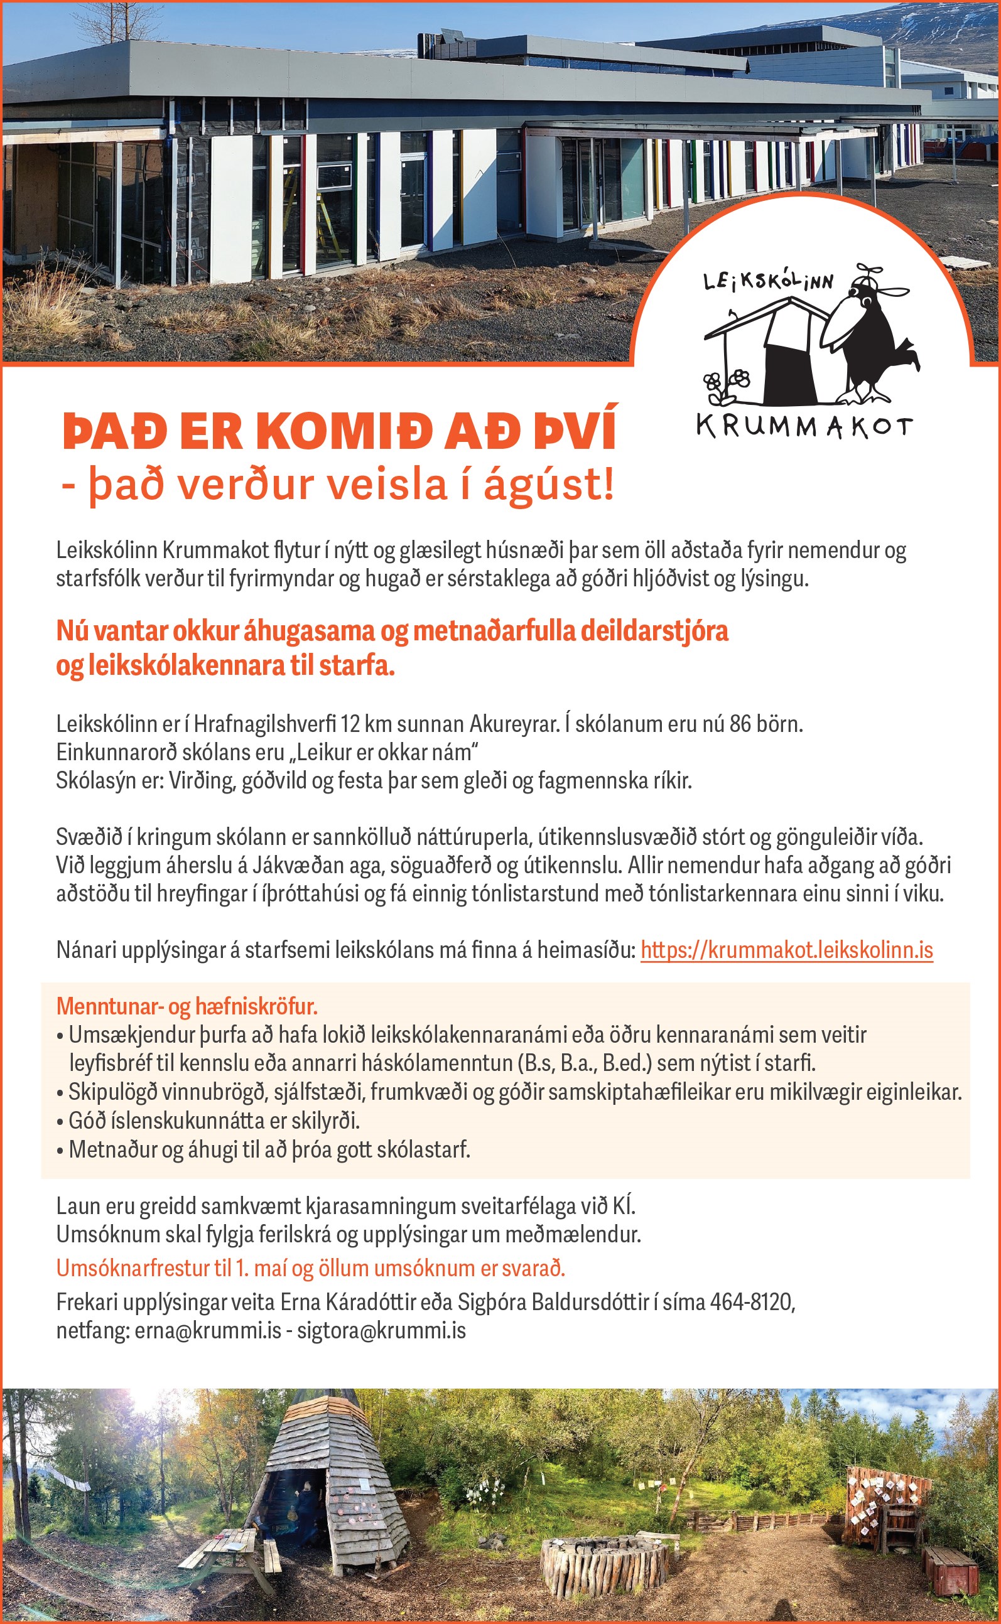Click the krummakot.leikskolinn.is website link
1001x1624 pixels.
pyautogui.click(x=786, y=950)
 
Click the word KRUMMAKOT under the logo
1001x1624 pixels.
pyautogui.click(x=804, y=427)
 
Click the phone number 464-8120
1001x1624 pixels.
pyautogui.click(x=752, y=1303)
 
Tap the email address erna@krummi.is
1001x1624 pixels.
pyautogui.click(x=208, y=1331)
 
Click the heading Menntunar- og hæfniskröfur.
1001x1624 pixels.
pyautogui.click(x=187, y=1006)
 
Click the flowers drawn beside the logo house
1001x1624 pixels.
pyautogui.click(x=726, y=383)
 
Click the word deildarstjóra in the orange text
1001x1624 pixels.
pyautogui.click(x=655, y=632)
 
